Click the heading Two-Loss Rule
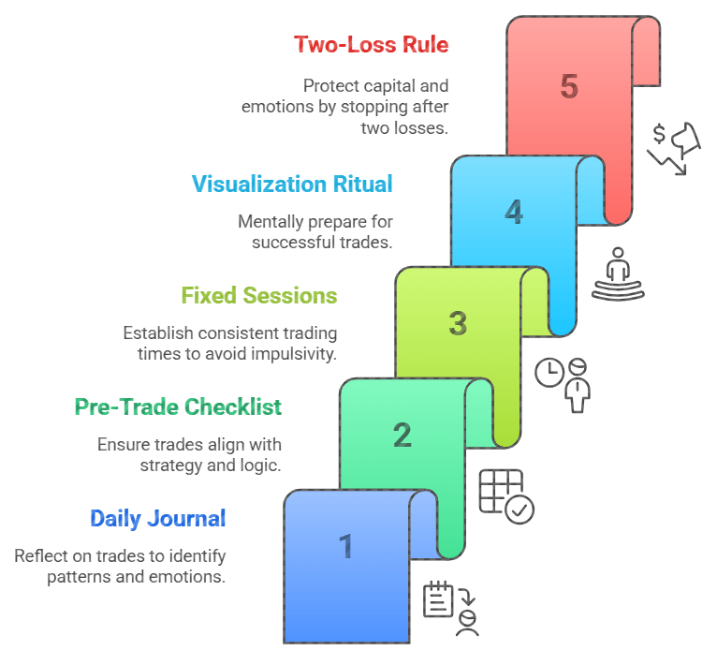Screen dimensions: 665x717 point(371,44)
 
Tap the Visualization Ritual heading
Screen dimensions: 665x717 point(292,184)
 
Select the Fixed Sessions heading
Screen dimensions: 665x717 point(259,296)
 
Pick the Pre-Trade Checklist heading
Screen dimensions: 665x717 point(178,407)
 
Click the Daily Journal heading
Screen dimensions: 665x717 point(157,518)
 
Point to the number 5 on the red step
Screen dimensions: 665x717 point(568,87)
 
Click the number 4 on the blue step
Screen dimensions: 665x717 point(514,212)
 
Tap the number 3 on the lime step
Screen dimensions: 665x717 point(457,323)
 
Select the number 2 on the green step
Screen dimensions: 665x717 point(402,435)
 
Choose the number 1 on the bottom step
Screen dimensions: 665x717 point(345,546)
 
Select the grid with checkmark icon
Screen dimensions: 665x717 point(505,495)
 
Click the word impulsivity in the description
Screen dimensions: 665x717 point(290,354)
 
